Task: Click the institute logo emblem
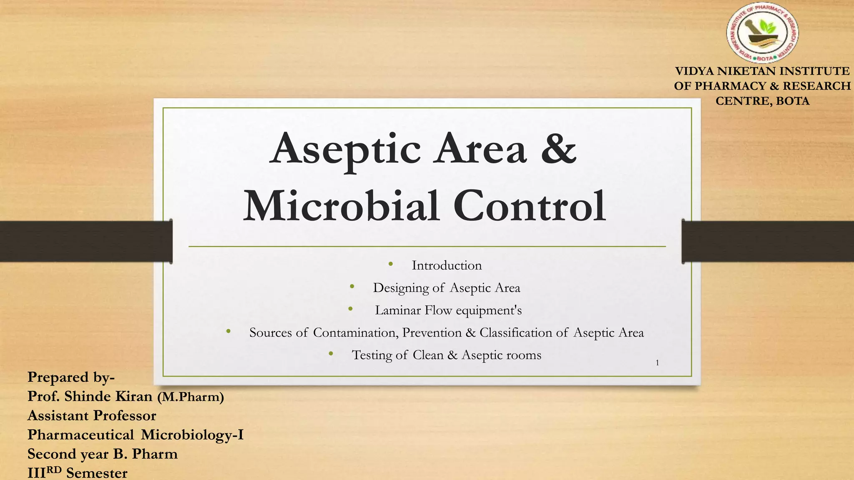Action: click(x=763, y=35)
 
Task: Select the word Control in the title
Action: click(x=529, y=206)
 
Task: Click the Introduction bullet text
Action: click(x=447, y=265)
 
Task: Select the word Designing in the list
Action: click(x=401, y=288)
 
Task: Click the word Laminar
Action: click(x=398, y=310)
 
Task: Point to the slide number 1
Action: click(x=657, y=363)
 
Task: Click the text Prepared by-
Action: click(x=71, y=377)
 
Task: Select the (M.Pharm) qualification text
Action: click(x=191, y=397)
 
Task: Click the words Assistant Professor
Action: click(x=92, y=415)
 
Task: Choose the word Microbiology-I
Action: click(x=192, y=435)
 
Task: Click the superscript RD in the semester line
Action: click(x=54, y=470)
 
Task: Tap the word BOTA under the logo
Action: click(x=793, y=101)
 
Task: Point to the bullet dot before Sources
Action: click(x=228, y=331)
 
